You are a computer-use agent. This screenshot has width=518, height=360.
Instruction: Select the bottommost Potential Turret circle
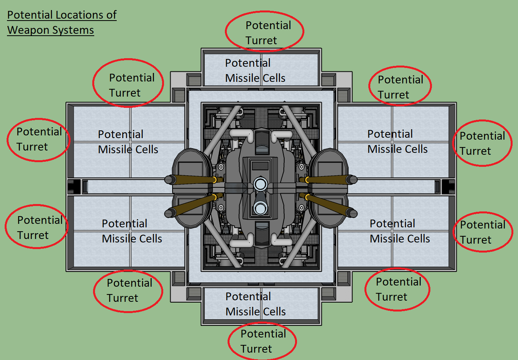(262, 341)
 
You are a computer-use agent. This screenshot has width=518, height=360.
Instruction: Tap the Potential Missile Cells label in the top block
(255, 71)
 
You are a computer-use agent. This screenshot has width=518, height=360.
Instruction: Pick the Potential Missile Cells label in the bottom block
(256, 304)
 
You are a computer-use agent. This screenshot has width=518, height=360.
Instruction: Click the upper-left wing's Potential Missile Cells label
(128, 142)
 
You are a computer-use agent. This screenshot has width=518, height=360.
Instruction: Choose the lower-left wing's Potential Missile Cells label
(132, 231)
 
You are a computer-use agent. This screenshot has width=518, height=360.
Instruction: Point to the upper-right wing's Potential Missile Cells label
(397, 142)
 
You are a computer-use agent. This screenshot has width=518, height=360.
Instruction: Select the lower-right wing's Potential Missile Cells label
(400, 231)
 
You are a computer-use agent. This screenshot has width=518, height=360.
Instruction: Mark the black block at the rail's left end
(73, 186)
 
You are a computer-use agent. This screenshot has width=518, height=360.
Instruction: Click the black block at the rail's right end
(448, 186)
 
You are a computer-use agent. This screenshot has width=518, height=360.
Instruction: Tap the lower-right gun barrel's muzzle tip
(352, 213)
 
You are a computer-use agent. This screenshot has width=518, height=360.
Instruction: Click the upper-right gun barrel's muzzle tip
(352, 179)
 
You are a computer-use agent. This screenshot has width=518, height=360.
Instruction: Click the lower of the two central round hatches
(260, 209)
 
